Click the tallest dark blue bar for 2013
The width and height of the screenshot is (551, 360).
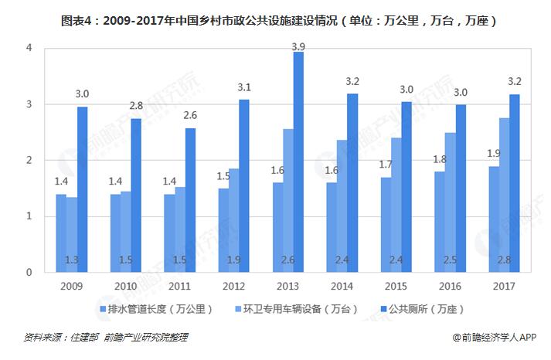pyautogui.click(x=298, y=162)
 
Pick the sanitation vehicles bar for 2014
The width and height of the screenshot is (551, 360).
pyautogui.click(x=341, y=206)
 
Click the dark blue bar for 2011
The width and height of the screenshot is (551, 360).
pyautogui.click(x=190, y=200)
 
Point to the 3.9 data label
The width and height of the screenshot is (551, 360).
pyautogui.click(x=298, y=47)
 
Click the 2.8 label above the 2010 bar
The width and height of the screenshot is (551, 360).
pyautogui.click(x=136, y=105)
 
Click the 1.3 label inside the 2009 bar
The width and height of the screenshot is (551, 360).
pyautogui.click(x=71, y=260)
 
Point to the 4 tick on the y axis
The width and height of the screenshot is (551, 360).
pyautogui.click(x=29, y=48)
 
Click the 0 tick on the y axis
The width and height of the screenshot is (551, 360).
pyautogui.click(x=29, y=273)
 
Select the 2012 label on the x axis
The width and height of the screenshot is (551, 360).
pyautogui.click(x=233, y=286)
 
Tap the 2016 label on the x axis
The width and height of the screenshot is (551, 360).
pyautogui.click(x=450, y=286)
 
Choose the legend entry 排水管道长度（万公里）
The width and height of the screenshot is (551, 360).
pyautogui.click(x=161, y=310)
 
